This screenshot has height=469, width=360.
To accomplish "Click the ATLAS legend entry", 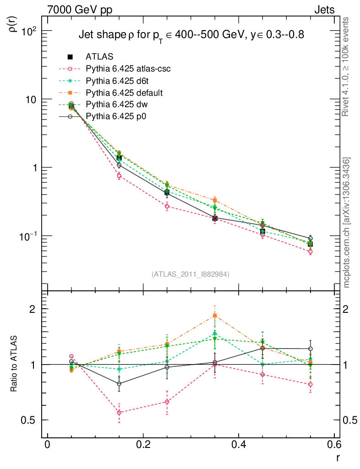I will pyautogui.click(x=99, y=57).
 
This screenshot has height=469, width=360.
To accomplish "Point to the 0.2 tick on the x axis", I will pyautogui.click(x=143, y=445).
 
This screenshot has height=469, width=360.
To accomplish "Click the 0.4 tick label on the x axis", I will pyautogui.click(x=239, y=445).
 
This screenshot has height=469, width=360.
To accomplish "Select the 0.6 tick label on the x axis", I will pyautogui.click(x=335, y=445).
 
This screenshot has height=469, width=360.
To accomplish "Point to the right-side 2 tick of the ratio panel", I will pyautogui.click(x=349, y=309).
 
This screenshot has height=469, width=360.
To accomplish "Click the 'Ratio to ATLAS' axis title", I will pyautogui.click(x=13, y=364).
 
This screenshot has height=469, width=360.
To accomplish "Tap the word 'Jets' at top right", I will pyautogui.click(x=324, y=10).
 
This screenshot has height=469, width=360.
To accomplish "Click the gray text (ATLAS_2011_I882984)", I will pyautogui.click(x=191, y=274).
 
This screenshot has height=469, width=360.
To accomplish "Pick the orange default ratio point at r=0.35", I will pyautogui.click(x=215, y=316).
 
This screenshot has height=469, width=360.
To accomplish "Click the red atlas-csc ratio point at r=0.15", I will pyautogui.click(x=119, y=413).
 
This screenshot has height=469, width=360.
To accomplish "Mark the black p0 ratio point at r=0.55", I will pyautogui.click(x=311, y=349).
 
